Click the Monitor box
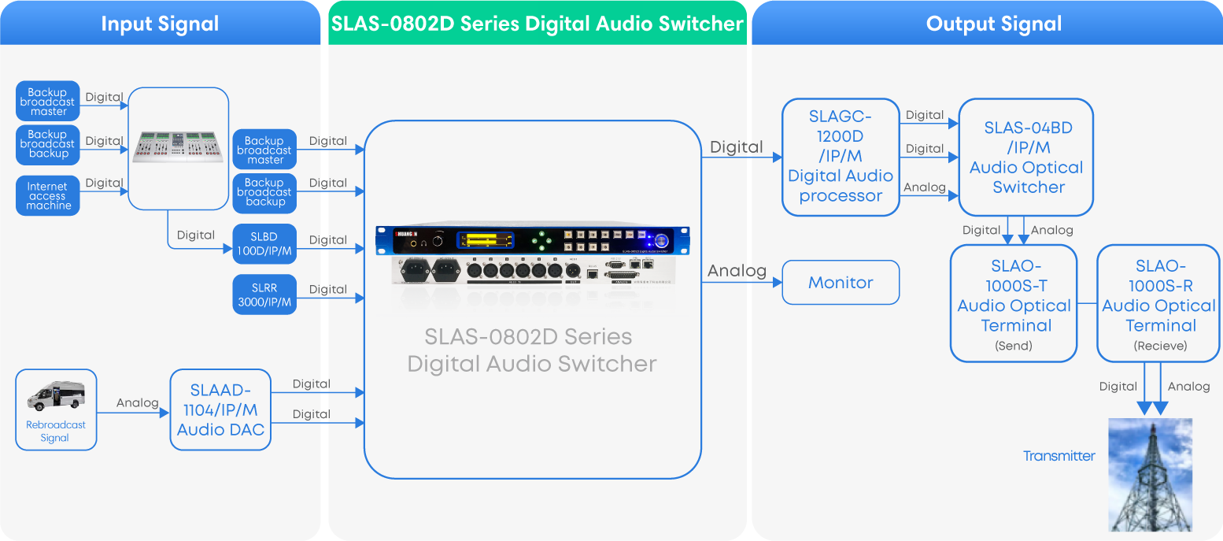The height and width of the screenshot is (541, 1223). (841, 283)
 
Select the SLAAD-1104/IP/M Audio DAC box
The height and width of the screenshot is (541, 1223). (220, 409)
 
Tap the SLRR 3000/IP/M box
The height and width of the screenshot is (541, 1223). (264, 295)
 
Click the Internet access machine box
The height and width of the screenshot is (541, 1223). (48, 196)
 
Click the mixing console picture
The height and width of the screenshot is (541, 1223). (179, 147)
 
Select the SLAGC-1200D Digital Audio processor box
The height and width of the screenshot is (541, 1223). (841, 157)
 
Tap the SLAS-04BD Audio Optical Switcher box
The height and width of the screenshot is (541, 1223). (1026, 157)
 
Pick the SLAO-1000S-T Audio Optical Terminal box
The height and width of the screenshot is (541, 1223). (1014, 304)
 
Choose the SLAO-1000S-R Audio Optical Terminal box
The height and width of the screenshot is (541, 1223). (1158, 304)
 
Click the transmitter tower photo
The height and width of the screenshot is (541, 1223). (1150, 475)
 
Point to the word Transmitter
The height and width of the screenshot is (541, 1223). (1059, 456)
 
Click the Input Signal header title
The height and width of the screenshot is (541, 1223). (160, 24)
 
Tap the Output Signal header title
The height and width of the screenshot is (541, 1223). (993, 24)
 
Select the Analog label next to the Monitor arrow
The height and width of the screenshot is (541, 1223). (737, 271)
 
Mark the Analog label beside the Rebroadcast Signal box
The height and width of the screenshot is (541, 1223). (137, 402)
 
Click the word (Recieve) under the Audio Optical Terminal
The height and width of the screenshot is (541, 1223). (1160, 346)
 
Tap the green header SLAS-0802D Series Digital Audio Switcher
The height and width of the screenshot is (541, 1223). (537, 24)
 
